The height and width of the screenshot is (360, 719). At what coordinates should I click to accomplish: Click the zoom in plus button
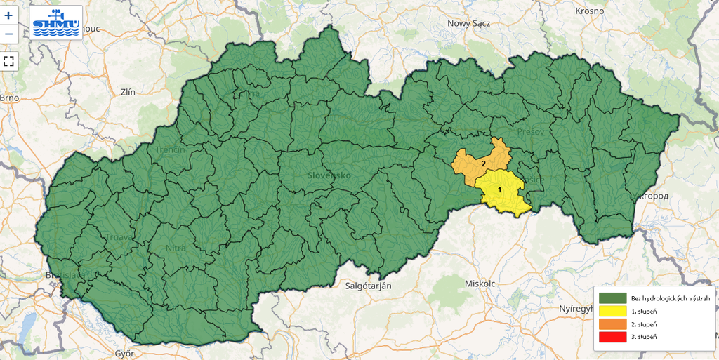pos(8,15)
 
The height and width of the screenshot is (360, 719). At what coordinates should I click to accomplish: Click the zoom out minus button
pos(8,34)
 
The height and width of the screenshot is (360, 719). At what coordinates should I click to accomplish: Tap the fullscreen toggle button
pos(8,60)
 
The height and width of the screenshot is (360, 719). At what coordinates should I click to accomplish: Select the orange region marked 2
pos(481,163)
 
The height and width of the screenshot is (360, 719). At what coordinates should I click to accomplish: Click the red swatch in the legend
pos(612,337)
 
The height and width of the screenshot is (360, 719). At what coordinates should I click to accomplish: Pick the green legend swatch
pos(612,298)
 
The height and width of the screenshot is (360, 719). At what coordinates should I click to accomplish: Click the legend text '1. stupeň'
pos(644,311)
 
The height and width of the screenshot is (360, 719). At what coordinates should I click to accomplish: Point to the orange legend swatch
pos(612,324)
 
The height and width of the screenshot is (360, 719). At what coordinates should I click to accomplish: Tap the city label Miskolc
pos(480,283)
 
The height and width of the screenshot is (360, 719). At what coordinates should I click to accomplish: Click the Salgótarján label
pos(368,286)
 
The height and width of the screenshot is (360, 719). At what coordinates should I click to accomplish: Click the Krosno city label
pos(589,11)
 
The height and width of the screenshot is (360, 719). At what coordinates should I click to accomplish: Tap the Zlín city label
pos(128,91)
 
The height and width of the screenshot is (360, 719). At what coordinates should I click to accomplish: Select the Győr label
pos(124,353)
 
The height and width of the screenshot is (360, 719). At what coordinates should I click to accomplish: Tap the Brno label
pos(10,98)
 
